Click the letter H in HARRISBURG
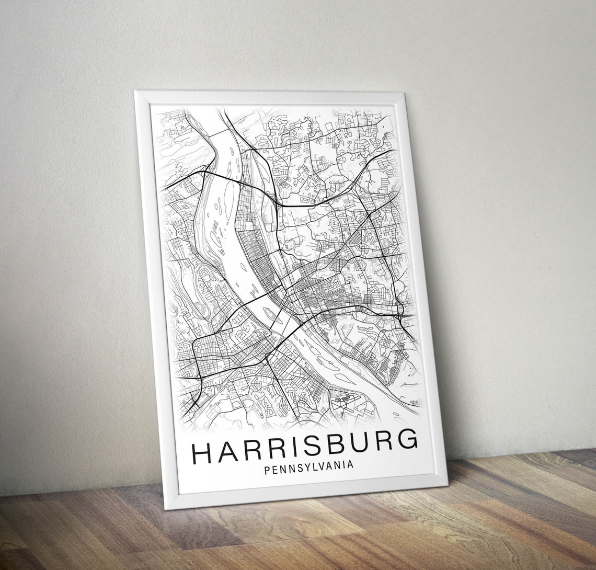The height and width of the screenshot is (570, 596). tap(201, 454)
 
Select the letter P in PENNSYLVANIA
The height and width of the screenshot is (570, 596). tap(267, 470)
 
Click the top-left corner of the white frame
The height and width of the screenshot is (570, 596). tap(135, 92)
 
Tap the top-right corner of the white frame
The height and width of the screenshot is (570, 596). tap(404, 93)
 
